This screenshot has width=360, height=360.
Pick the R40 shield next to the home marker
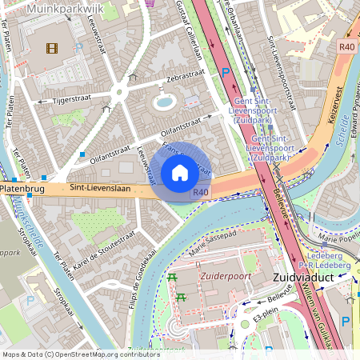(200, 192)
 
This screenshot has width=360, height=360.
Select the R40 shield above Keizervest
(346, 47)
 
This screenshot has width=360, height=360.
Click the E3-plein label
(265, 318)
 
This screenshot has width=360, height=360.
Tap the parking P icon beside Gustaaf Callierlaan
(226, 73)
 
